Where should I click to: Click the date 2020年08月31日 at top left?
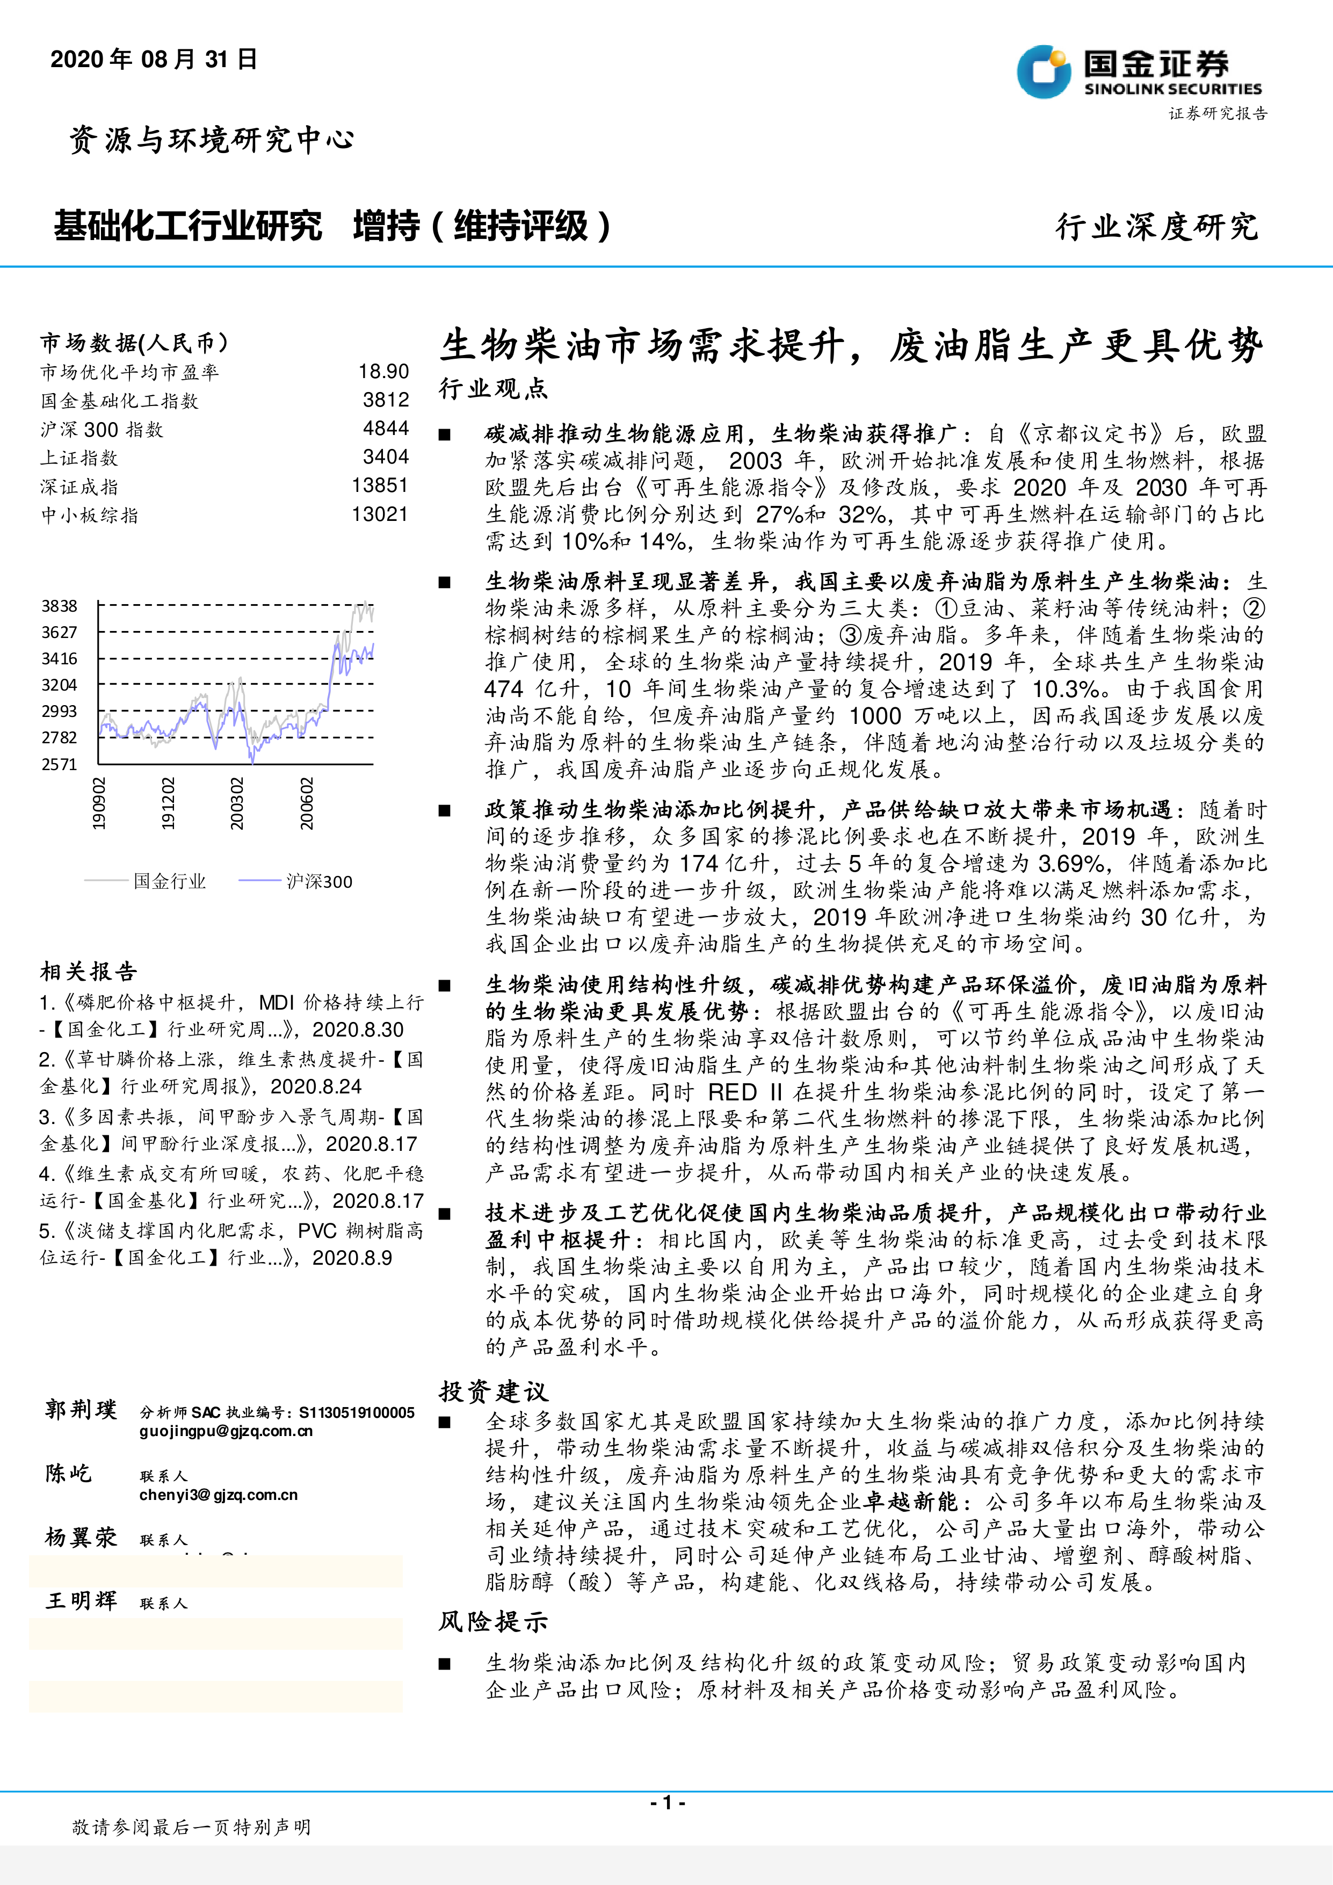(x=154, y=59)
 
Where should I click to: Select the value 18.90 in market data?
(x=383, y=372)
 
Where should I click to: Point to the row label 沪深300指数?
(x=102, y=430)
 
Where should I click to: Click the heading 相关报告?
(x=89, y=972)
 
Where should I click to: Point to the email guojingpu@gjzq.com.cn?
(x=226, y=1431)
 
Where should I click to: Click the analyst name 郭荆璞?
(x=81, y=1410)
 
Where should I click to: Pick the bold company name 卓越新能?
(x=911, y=1502)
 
